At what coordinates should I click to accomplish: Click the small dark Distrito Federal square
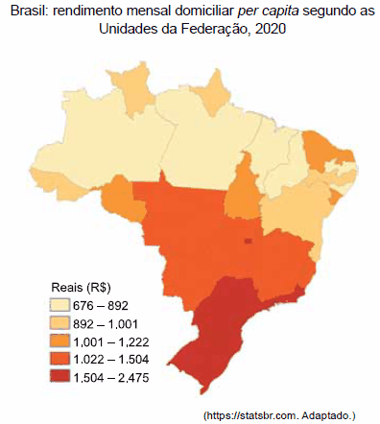(249, 242)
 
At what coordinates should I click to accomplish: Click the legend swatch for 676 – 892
(62, 305)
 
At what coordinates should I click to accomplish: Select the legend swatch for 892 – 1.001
(62, 323)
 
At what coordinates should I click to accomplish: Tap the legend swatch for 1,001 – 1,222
(62, 341)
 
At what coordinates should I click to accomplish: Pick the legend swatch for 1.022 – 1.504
(62, 359)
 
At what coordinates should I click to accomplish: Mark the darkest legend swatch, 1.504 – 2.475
(62, 377)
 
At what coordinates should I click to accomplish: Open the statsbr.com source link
(279, 414)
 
